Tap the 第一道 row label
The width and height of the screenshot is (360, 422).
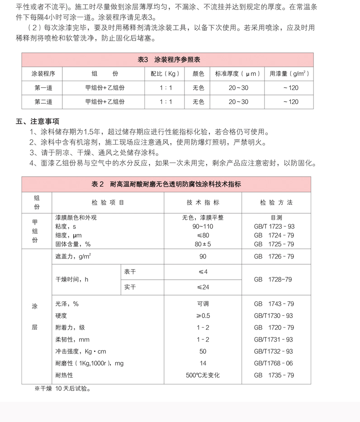(43, 88)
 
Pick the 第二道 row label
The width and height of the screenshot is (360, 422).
(43, 102)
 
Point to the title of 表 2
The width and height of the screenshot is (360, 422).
(166, 184)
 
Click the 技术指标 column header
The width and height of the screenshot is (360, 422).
(203, 202)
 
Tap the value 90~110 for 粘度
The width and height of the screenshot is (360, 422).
(203, 226)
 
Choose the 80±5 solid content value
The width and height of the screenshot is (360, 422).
(203, 244)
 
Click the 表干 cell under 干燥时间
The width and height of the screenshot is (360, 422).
(130, 272)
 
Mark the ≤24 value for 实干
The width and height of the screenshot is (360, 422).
(203, 287)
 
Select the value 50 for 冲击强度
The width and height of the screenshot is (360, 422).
(203, 352)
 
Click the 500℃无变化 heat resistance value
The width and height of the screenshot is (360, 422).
(203, 375)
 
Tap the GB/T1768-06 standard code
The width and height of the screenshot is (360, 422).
(274, 363)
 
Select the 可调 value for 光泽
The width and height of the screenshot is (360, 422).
(203, 304)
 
